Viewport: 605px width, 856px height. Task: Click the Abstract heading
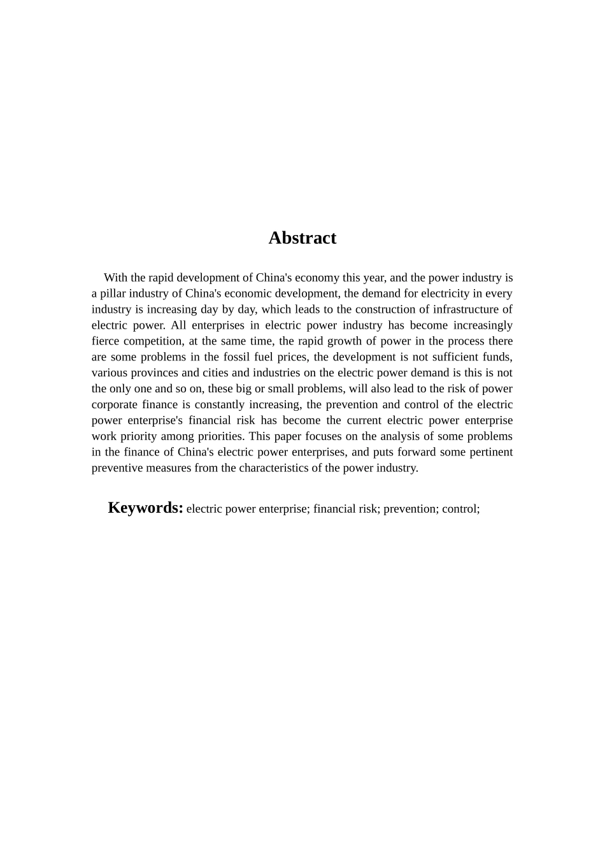click(x=302, y=238)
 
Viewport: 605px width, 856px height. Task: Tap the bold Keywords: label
click(x=145, y=508)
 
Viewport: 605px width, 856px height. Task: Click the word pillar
click(x=115, y=294)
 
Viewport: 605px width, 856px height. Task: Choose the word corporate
click(x=115, y=405)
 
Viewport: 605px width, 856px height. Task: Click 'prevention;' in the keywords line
click(x=408, y=509)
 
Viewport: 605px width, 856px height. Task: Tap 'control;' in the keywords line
click(x=460, y=509)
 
